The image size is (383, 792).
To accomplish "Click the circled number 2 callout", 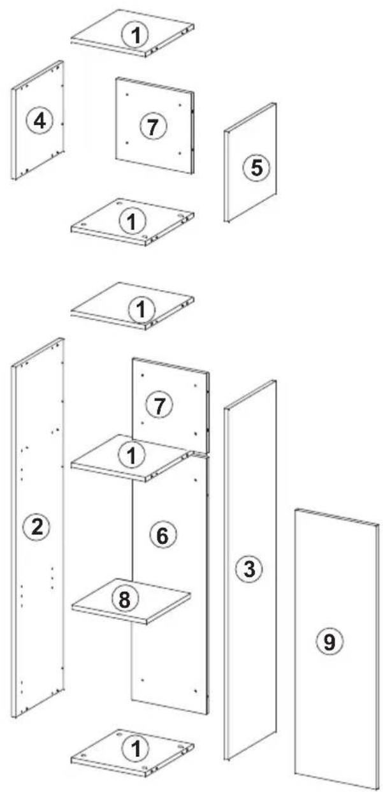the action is click(x=37, y=528).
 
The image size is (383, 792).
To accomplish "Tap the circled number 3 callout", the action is click(x=249, y=569).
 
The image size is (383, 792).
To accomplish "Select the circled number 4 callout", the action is click(x=40, y=122).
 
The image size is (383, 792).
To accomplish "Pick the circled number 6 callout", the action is click(x=162, y=536).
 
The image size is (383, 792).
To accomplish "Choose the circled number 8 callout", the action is click(x=124, y=599).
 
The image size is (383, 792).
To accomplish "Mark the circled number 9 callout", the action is click(x=329, y=641).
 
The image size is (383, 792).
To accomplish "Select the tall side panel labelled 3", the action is click(x=250, y=569).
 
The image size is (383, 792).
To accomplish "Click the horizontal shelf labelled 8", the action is click(x=131, y=601).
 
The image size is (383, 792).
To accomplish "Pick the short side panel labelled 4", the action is click(x=38, y=121).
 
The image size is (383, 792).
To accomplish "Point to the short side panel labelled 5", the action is click(x=250, y=162).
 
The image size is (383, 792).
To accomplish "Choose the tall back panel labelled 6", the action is click(x=170, y=580).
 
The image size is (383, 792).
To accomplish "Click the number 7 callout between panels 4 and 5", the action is click(x=153, y=126).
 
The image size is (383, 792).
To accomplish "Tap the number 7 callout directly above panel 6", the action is click(x=159, y=406).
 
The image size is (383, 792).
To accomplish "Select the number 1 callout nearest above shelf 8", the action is click(x=131, y=456).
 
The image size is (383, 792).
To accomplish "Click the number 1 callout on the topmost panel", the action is click(x=136, y=34).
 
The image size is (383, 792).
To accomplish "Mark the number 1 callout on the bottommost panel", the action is click(x=136, y=748).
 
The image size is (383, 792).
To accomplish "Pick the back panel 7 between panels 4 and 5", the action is click(x=155, y=126).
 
